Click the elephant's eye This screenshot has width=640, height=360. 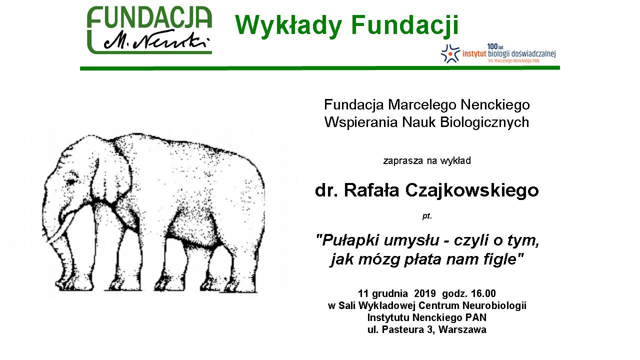coord(71,181)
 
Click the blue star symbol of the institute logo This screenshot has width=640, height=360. coord(450,53)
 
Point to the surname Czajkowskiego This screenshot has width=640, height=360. coord(471,190)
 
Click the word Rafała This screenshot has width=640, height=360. coord(371,190)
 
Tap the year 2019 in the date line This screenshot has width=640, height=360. coord(424,293)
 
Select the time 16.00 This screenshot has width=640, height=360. coord(483,293)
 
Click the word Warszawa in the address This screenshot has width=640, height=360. coord(462,329)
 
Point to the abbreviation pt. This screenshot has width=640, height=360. coord(427,216)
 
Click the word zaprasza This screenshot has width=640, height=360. coord(403,161)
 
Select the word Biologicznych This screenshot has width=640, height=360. coord(484,122)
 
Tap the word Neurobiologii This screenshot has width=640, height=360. coord(494,305)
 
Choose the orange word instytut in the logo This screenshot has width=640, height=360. coord(474,54)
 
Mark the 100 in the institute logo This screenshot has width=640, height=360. coord(492,46)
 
